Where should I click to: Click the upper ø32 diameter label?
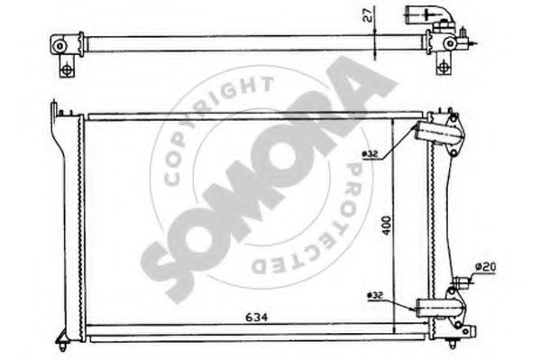click(371, 153)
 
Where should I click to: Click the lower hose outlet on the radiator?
click(439, 309)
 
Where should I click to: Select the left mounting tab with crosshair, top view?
click(64, 68)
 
